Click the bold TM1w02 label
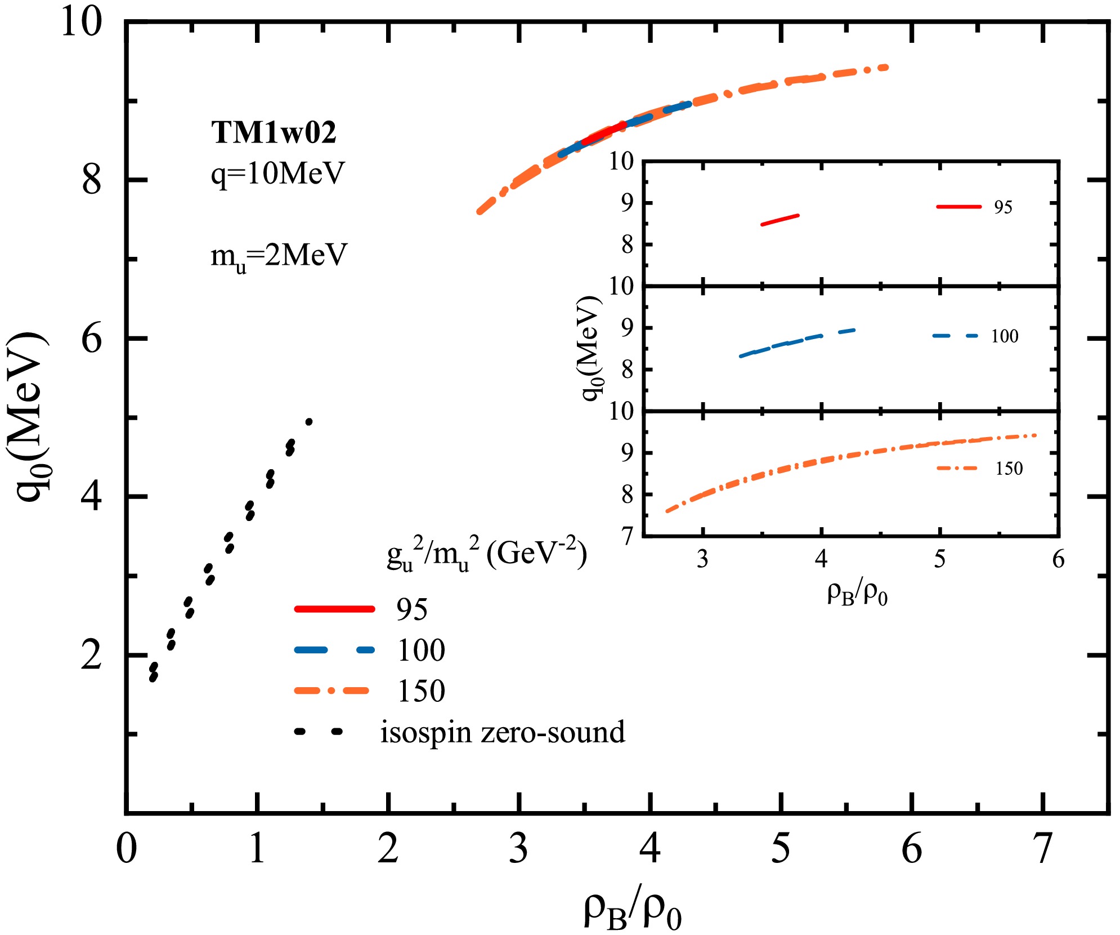tap(274, 133)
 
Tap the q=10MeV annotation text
tap(277, 173)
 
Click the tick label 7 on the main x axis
tap(1043, 848)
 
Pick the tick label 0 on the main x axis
tap(126, 848)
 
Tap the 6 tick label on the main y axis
tap(92, 339)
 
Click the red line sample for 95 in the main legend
tap(334, 608)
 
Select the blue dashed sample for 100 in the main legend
tap(334, 649)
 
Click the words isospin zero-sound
tap(502, 732)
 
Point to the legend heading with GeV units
tap(487, 555)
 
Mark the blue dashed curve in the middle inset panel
tap(797, 341)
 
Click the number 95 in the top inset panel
tap(1003, 207)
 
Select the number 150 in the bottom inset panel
tap(1009, 469)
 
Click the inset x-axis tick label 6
tap(1058, 559)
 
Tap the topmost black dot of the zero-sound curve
tap(308, 421)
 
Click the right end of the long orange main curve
tap(886, 68)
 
